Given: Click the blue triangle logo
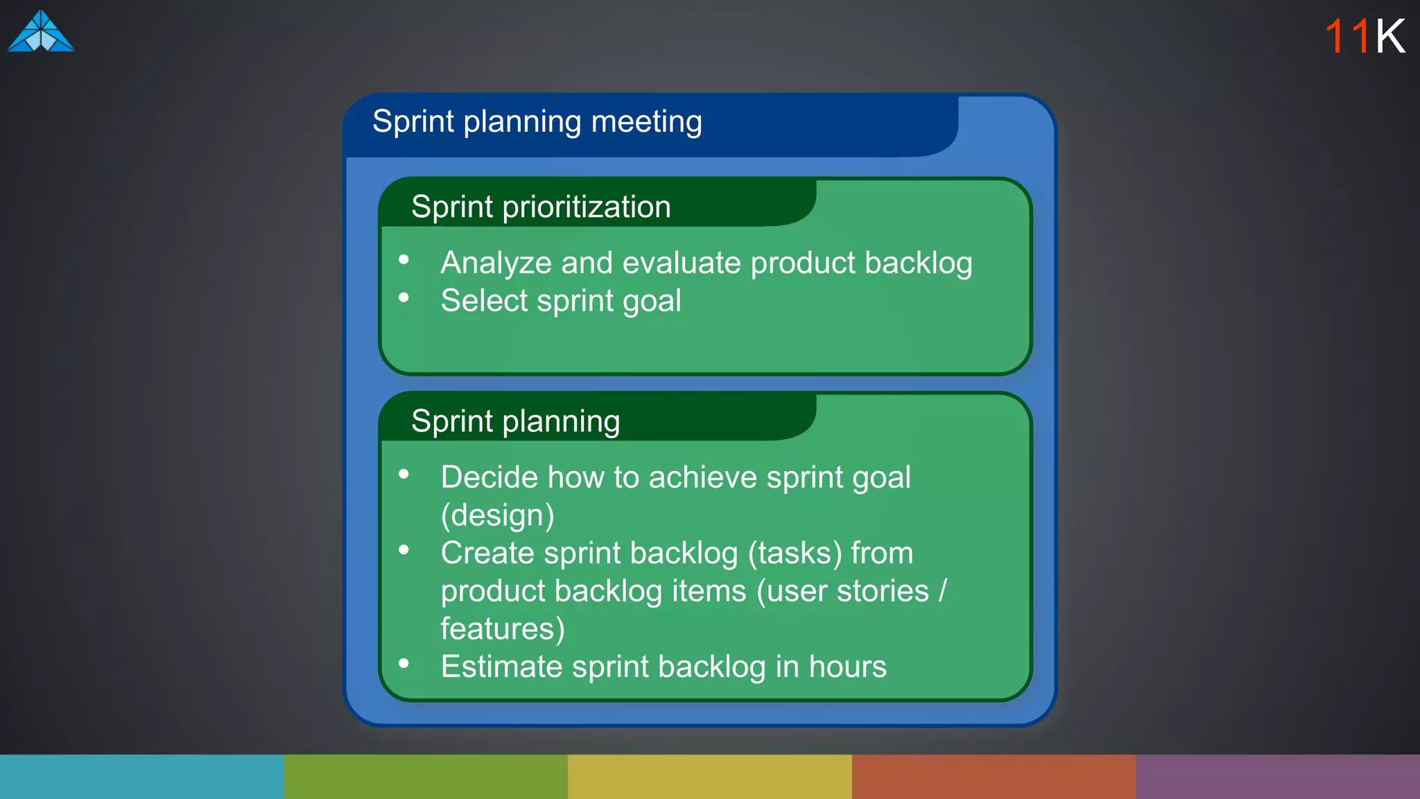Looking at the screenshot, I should (x=41, y=32).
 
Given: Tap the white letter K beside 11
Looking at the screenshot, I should (x=1390, y=37).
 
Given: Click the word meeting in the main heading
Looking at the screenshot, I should (x=646, y=123).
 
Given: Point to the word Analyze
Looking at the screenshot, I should (x=496, y=264).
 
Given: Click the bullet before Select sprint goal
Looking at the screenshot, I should (x=404, y=298).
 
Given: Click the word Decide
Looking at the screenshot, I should (x=489, y=478).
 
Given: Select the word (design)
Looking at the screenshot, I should (x=497, y=516).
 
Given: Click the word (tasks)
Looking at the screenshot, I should (x=795, y=553).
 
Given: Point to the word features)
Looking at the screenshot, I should (x=503, y=629).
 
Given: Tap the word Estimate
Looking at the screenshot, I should (x=501, y=667).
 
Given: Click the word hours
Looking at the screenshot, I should (x=847, y=667).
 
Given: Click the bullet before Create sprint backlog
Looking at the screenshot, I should (x=404, y=551).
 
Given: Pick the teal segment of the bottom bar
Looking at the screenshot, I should (x=141, y=777).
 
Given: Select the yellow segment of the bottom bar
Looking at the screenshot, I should (x=709, y=777).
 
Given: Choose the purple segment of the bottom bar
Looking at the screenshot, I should (x=1278, y=777).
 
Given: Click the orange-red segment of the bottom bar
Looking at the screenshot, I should (x=994, y=777).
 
